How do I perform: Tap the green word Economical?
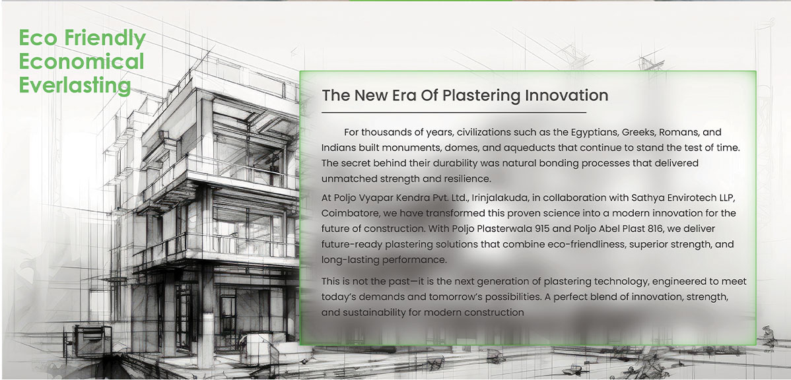(81, 61)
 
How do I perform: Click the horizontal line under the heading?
(454, 112)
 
